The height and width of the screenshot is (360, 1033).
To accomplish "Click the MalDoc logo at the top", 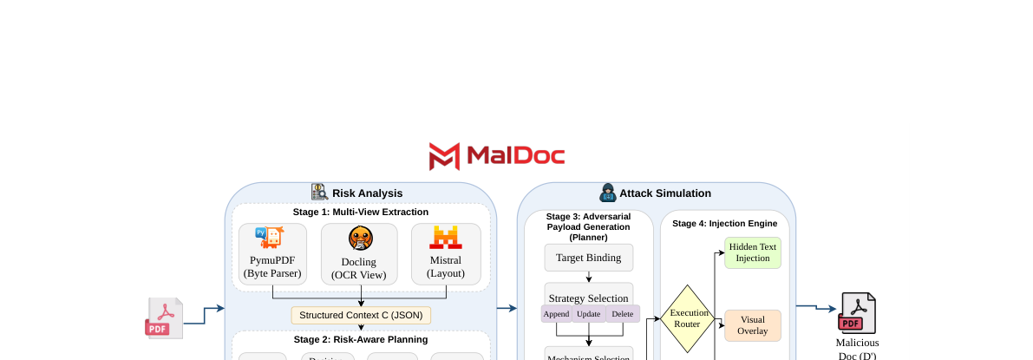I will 497,156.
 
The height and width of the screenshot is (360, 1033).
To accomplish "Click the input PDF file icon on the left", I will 163,318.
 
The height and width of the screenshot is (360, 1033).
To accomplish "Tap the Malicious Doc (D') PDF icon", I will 857,313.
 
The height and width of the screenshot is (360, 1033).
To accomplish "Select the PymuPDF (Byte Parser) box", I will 273,252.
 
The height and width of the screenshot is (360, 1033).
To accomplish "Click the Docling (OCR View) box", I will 359,253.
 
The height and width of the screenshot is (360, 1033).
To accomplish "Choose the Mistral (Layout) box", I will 445,252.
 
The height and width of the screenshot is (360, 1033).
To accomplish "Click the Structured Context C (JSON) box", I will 361,315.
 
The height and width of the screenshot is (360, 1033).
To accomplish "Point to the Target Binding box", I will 589,258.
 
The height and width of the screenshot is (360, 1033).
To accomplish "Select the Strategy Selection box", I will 589,297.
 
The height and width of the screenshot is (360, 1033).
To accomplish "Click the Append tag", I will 556,314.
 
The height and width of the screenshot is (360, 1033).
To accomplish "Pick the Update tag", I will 588,314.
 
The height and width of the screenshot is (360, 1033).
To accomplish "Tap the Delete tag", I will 622,314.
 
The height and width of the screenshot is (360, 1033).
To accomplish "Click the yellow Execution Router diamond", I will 689,318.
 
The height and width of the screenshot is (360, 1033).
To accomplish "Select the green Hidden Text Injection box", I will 752,252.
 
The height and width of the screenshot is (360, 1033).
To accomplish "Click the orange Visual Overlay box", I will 752,325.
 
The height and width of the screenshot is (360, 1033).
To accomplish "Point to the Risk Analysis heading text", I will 367,193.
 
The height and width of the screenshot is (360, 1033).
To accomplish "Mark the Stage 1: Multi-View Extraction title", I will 361,212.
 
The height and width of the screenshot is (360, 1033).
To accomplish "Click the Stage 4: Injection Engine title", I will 724,223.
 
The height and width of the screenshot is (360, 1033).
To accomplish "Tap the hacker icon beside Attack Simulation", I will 607,193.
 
